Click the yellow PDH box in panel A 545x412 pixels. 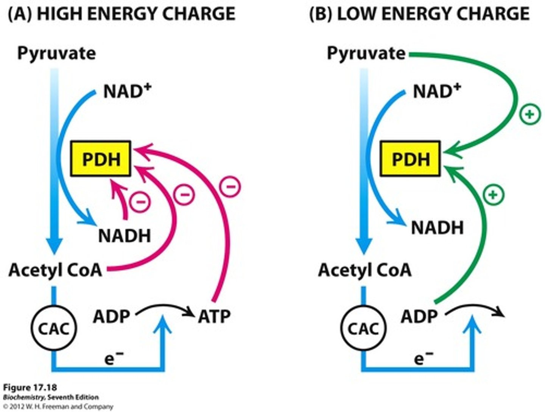pyautogui.click(x=101, y=159)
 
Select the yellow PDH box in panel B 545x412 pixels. pyautogui.click(x=410, y=159)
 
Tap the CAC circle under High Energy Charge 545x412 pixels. pyautogui.click(x=53, y=328)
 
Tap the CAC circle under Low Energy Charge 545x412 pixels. pyautogui.click(x=363, y=328)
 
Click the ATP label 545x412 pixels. pyautogui.click(x=214, y=316)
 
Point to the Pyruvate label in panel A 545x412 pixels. pyautogui.click(x=56, y=53)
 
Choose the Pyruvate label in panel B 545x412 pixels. pyautogui.click(x=366, y=53)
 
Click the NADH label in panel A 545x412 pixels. pyautogui.click(x=125, y=236)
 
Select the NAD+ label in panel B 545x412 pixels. pyautogui.click(x=437, y=91)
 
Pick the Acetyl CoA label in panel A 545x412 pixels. pyautogui.click(x=55, y=270)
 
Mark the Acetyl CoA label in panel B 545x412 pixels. pyautogui.click(x=365, y=270)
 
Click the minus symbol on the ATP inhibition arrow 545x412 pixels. pyautogui.click(x=230, y=187)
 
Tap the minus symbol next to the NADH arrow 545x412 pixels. pyautogui.click(x=140, y=202)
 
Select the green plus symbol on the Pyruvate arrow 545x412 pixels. pyautogui.click(x=530, y=114)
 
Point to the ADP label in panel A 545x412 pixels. pyautogui.click(x=111, y=316)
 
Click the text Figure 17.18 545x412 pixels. pyautogui.click(x=30, y=388)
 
